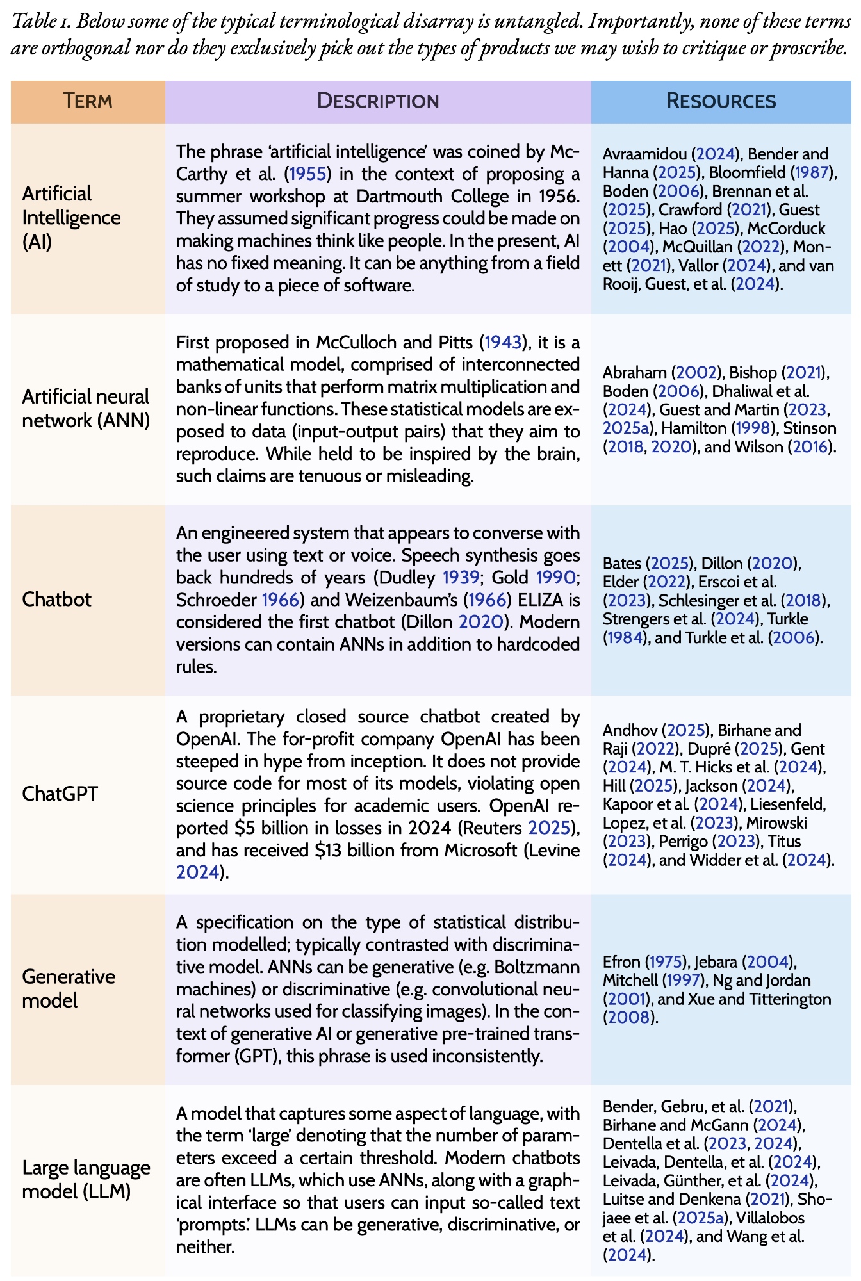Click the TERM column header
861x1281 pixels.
click(88, 101)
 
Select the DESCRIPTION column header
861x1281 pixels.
click(378, 101)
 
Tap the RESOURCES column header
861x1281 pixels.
click(721, 101)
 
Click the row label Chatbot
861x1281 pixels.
click(56, 600)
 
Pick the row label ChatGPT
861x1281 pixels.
click(60, 794)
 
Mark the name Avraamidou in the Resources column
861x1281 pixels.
click(644, 154)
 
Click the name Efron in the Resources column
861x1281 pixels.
click(621, 962)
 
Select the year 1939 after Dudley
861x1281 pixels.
click(461, 578)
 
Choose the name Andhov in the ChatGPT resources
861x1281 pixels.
click(630, 730)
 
